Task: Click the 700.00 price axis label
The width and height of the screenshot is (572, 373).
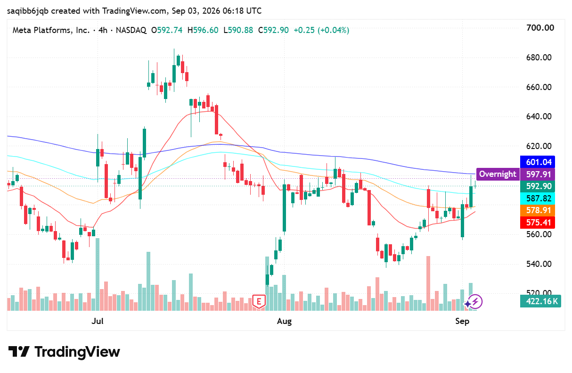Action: (540, 28)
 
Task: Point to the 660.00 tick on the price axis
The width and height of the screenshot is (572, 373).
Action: (539, 87)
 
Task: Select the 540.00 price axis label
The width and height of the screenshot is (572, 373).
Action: (539, 264)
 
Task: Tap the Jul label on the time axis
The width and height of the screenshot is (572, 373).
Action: (97, 321)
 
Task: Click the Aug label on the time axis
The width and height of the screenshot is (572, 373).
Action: (284, 321)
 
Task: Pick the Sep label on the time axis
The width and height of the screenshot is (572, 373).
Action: (462, 321)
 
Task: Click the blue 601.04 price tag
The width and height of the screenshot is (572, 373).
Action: (538, 162)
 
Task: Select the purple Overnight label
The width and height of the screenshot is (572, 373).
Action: (498, 174)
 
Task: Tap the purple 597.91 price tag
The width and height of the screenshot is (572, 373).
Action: (538, 174)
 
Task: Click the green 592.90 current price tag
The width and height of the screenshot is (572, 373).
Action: (538, 186)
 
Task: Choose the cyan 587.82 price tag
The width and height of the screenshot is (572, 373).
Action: (538, 199)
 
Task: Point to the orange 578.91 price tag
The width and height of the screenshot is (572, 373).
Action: (538, 210)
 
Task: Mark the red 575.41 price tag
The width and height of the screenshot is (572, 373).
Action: (538, 223)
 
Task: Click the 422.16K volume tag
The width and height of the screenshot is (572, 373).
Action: (540, 301)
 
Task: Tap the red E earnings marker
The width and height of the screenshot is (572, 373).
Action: (259, 301)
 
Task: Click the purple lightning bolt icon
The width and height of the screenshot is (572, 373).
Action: (475, 302)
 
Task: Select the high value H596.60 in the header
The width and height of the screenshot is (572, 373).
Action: (203, 30)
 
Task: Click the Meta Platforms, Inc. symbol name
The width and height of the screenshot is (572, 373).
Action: (51, 30)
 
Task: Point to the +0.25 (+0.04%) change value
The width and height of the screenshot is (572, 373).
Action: (321, 30)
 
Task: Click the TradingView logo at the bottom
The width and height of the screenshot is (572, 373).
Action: (64, 352)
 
